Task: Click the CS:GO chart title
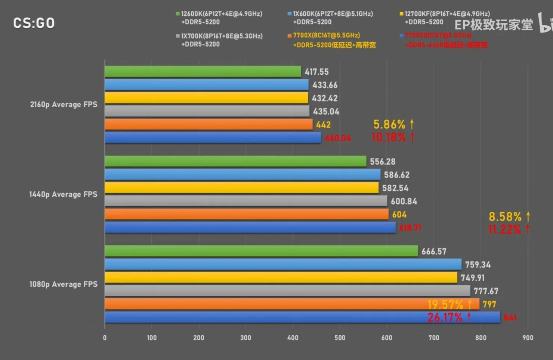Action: (x=34, y=23)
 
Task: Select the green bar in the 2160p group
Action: (x=203, y=71)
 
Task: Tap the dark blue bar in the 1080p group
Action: (x=262, y=317)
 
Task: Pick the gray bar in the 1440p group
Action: (x=246, y=201)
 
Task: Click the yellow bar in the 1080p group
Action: (x=281, y=278)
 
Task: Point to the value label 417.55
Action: (x=316, y=72)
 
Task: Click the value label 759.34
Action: (x=478, y=265)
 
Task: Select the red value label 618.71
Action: (x=410, y=228)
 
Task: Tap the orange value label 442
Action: (x=323, y=125)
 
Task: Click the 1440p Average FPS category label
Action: (x=63, y=194)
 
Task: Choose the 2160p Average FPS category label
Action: (x=64, y=104)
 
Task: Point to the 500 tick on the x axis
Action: (x=340, y=338)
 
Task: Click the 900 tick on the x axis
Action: (x=528, y=338)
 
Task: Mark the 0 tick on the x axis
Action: (x=105, y=338)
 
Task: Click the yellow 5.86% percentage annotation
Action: (x=393, y=124)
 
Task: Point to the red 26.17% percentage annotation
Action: (x=449, y=317)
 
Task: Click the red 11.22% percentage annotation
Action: (x=508, y=230)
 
